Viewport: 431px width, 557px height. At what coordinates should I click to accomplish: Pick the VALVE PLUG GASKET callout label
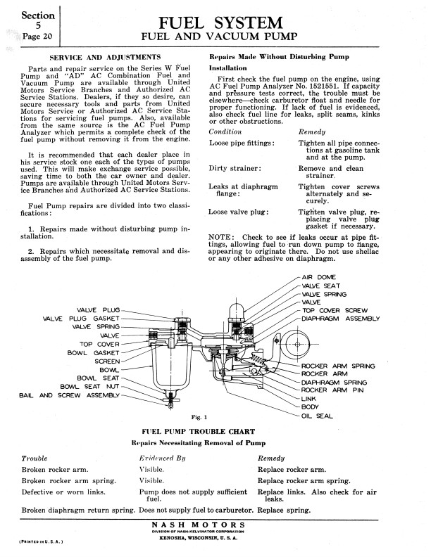point(82,318)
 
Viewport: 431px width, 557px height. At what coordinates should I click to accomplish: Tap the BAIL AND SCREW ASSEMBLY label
point(65,395)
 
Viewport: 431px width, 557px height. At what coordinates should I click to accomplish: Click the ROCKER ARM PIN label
point(332,390)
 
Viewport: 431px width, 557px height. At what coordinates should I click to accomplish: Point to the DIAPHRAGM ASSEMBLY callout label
point(341,319)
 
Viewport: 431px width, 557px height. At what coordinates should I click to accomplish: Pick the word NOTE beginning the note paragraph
point(223,236)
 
